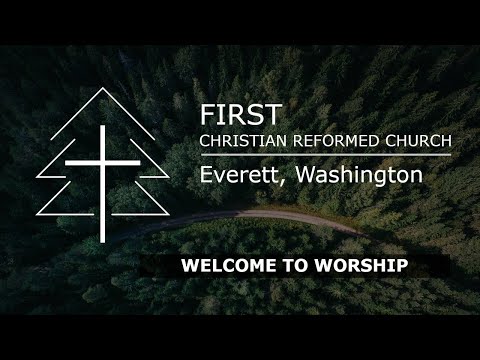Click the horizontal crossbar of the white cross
(x=101, y=160)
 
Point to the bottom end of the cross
(x=101, y=240)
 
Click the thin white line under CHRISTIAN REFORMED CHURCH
(x=325, y=154)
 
